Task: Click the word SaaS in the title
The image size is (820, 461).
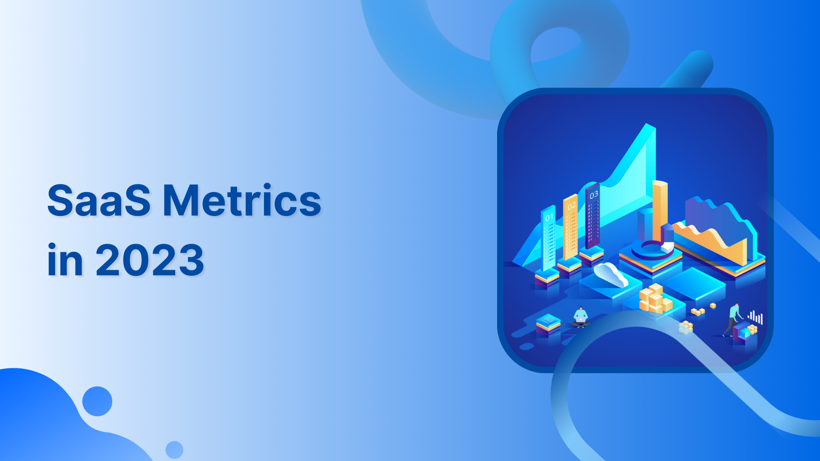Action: [99, 201]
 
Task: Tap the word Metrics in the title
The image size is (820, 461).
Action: [242, 201]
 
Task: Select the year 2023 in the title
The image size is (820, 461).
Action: [149, 260]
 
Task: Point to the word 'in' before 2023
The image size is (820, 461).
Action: [65, 260]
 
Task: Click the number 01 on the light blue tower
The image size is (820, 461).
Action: [549, 217]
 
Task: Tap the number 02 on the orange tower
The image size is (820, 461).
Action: [571, 206]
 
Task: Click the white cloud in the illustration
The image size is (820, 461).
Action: [611, 274]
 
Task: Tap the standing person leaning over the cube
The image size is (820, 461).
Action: [733, 318]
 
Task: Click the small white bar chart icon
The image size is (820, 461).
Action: [755, 317]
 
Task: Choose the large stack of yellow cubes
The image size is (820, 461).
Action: [655, 298]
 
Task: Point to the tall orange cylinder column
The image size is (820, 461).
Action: [659, 209]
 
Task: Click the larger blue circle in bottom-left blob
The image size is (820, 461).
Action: [97, 401]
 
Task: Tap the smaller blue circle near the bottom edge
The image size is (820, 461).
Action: [174, 450]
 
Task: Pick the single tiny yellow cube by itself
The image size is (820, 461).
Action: [712, 306]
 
